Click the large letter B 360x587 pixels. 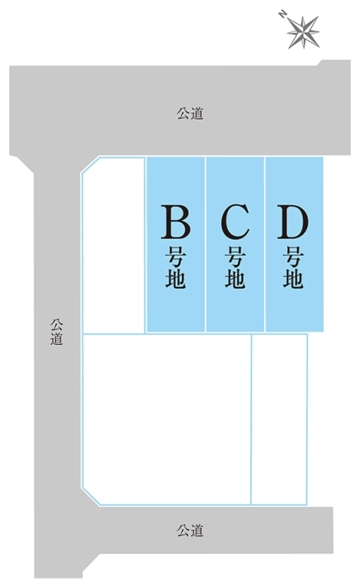pos(175,222)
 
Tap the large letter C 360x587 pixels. pos(235,222)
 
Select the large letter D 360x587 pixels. pos(293,222)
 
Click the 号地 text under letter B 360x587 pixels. pos(175,267)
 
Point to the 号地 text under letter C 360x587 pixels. pos(235,267)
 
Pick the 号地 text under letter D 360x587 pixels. pos(293,267)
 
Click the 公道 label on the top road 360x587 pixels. pos(190,114)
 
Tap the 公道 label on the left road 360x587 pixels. pos(57,332)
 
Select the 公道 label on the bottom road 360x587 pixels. pos(190,531)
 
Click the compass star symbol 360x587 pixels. pos(303,32)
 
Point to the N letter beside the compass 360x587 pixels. pos(282,15)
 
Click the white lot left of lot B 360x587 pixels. pos(114,245)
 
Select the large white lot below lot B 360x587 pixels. pos(166,419)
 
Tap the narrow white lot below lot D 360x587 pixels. pos(279,419)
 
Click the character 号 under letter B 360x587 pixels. pos(175,256)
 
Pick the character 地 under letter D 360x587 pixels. pos(293,278)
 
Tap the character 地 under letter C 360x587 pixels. pos(235,278)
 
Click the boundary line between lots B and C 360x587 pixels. pos(205,244)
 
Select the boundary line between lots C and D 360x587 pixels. pos(265,244)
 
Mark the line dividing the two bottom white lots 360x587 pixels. pos(251,419)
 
